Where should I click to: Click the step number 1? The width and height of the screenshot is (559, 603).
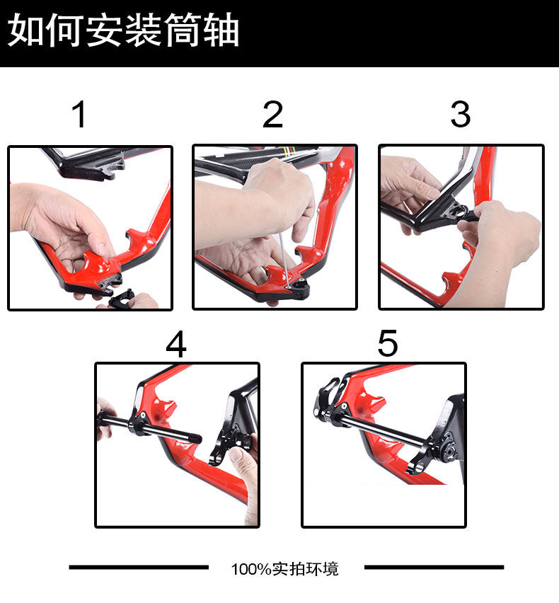tap(79, 114)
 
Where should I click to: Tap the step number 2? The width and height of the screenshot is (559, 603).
tap(273, 114)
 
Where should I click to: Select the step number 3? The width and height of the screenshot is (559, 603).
tap(461, 114)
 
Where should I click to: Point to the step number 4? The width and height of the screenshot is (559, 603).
tap(176, 344)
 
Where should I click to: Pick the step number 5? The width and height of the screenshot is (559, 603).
tap(388, 343)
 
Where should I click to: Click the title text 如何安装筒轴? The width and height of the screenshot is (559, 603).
tap(123, 30)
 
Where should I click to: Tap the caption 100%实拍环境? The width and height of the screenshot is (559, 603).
tap(284, 569)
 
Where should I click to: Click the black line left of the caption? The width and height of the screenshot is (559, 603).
tap(139, 567)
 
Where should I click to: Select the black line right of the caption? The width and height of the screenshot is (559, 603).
tap(434, 567)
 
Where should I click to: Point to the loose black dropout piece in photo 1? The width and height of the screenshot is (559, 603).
tap(121, 299)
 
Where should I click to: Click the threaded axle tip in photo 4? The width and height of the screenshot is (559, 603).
tap(195, 438)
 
